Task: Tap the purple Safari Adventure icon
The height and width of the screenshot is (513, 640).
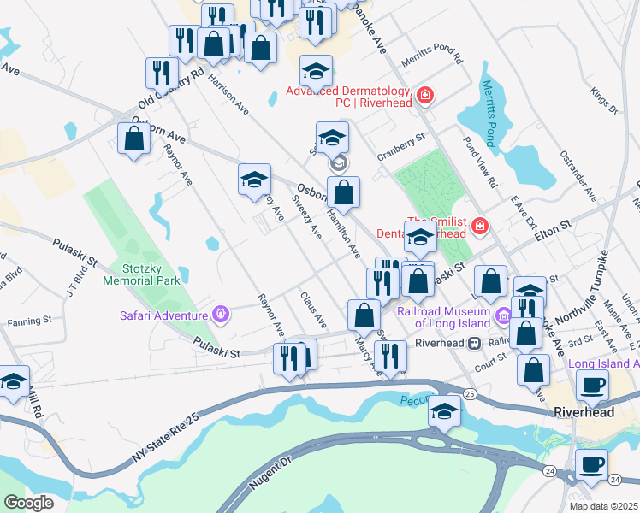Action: [222, 315]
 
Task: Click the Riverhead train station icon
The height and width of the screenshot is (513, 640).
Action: [473, 343]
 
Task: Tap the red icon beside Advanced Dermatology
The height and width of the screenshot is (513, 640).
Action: [425, 97]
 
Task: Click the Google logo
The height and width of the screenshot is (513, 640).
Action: [29, 503]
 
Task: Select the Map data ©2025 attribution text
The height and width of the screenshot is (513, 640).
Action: [603, 506]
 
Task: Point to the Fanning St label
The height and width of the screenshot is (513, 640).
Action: [30, 322]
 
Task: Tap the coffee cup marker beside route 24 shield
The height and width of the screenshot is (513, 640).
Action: [590, 467]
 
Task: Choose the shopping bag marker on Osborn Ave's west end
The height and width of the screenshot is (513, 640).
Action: [134, 139]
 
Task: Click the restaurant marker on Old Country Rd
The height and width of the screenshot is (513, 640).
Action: [161, 74]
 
